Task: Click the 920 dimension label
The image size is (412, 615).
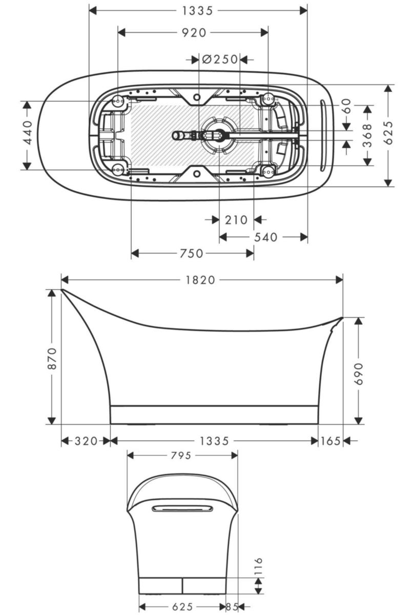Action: [194, 33]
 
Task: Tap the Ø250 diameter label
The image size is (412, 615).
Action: [220, 59]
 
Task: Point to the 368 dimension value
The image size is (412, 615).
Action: [367, 135]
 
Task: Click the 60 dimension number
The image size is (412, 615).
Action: [347, 106]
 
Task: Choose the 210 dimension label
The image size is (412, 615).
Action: [236, 220]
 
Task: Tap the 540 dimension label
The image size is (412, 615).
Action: [265, 237]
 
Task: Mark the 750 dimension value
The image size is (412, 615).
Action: [191, 253]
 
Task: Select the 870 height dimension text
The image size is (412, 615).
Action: [52, 358]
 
